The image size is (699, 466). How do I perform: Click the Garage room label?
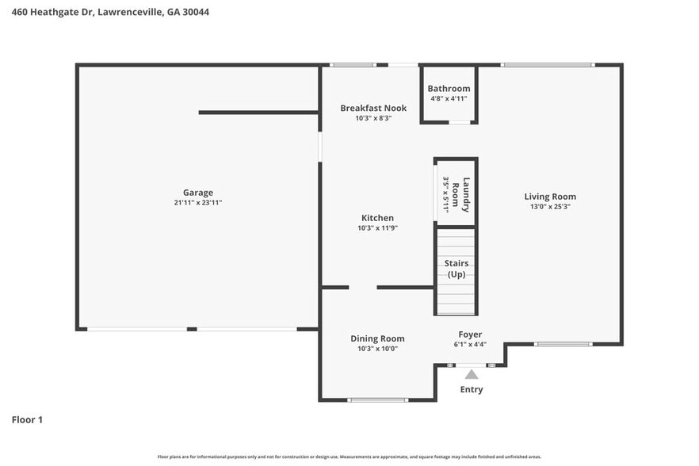(198, 193)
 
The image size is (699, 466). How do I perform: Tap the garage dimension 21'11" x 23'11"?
(198, 203)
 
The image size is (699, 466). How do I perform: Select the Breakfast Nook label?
(373, 108)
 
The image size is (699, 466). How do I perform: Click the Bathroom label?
(449, 89)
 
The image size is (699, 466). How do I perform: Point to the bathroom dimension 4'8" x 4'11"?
(449, 99)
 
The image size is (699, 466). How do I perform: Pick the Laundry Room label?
(467, 194)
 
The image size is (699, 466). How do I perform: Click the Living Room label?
(550, 197)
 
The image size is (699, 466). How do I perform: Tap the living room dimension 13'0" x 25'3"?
(550, 207)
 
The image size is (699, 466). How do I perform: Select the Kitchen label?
(377, 218)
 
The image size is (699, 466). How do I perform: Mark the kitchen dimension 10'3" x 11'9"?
(377, 228)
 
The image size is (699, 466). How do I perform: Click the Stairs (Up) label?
(456, 269)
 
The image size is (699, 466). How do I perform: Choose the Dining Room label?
(377, 338)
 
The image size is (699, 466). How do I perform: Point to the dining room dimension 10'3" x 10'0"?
(377, 349)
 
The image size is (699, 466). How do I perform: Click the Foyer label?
(470, 334)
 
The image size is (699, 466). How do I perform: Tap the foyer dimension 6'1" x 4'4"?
(470, 345)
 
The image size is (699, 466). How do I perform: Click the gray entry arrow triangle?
(472, 374)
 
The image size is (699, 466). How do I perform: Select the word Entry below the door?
(472, 389)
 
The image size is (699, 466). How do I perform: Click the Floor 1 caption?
(27, 419)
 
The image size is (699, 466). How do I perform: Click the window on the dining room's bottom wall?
(378, 399)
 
